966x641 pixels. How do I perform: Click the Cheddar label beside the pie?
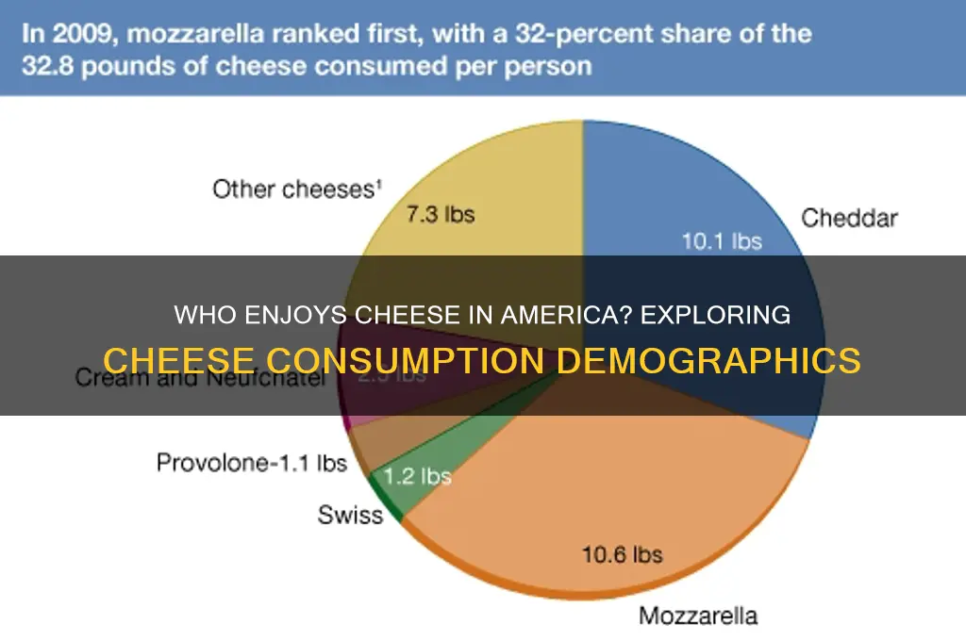pyautogui.click(x=849, y=219)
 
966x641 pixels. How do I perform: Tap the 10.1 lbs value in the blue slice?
pyautogui.click(x=721, y=241)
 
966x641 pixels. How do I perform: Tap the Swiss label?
pyautogui.click(x=351, y=515)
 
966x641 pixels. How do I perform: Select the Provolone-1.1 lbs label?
pyautogui.click(x=252, y=463)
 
